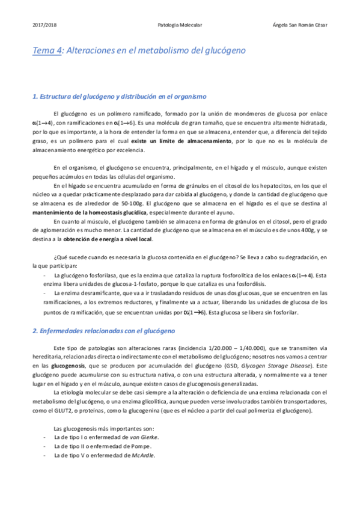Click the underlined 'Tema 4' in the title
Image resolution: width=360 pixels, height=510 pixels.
pos(47,52)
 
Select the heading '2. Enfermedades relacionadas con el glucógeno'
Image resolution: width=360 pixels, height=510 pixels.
pos(103,331)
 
